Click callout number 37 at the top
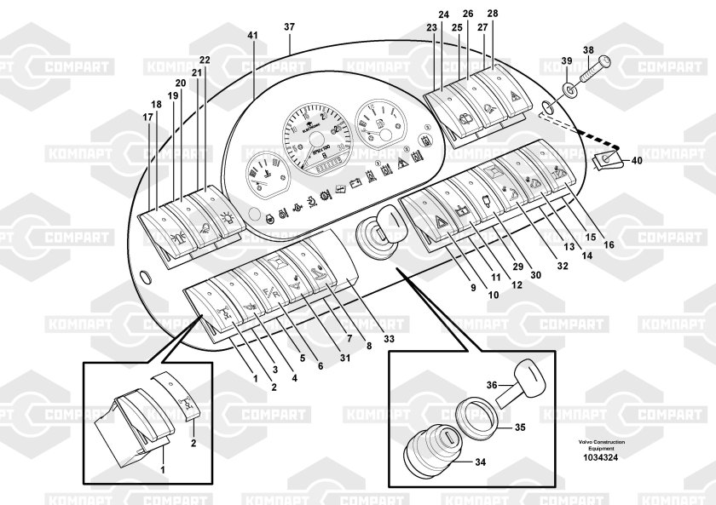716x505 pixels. click(289, 26)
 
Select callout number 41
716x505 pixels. click(252, 35)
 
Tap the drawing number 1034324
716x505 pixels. click(601, 457)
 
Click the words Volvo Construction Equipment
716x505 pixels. click(601, 445)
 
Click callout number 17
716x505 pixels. click(147, 117)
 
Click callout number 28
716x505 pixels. click(493, 14)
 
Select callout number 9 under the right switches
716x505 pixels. click(472, 288)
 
